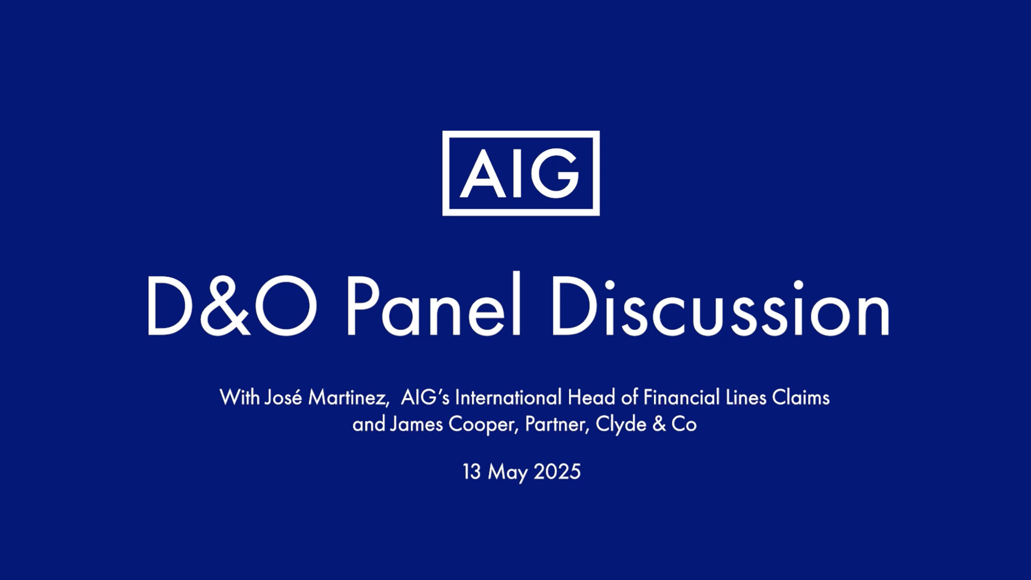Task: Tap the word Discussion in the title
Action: tap(720, 306)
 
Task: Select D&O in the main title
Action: tap(232, 306)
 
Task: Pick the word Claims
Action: tap(801, 397)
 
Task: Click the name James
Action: tap(417, 424)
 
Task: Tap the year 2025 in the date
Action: tap(557, 472)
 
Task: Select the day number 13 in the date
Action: tap(471, 472)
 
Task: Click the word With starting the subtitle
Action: tap(239, 397)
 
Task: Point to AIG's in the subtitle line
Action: tap(425, 397)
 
